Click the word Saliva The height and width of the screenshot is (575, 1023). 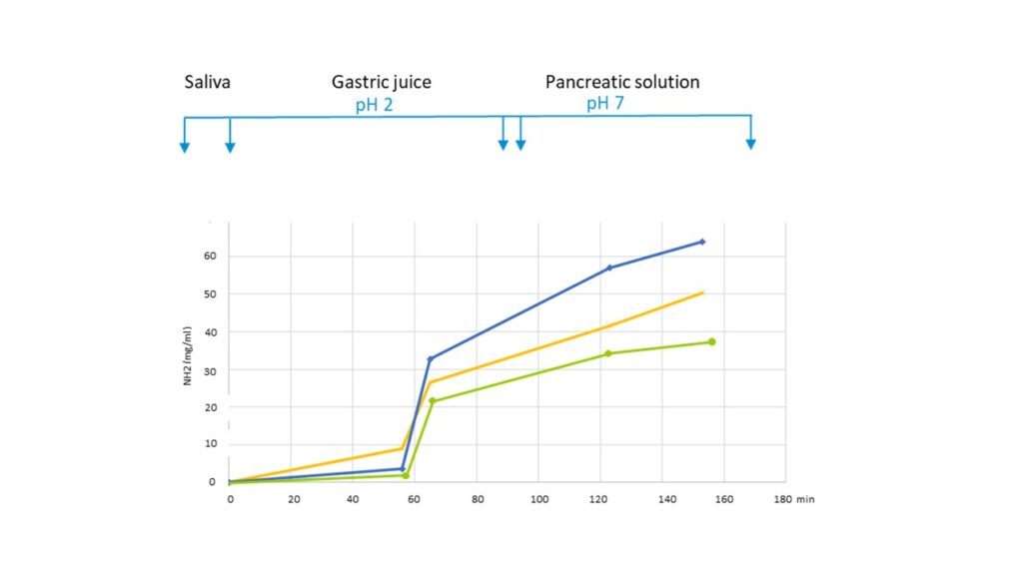coord(207,82)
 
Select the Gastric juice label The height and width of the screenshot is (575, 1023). coord(382,82)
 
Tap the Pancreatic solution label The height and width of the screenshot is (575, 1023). coord(621,82)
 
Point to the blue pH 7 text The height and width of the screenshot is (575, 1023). coord(605,104)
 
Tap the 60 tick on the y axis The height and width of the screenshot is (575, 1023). coord(210,257)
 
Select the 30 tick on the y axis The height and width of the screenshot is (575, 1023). coord(210,369)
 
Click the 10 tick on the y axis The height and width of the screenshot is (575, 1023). coord(210,444)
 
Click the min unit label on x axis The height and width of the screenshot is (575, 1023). coord(806,498)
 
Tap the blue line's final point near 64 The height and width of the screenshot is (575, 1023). coord(702,242)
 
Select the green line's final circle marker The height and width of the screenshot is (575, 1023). coord(711,342)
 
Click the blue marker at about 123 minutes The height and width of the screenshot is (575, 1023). coord(609,268)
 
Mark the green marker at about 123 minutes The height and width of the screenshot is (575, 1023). coord(607,353)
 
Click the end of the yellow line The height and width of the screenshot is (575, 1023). coord(703,292)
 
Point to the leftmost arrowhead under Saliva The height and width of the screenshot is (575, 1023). coord(184,149)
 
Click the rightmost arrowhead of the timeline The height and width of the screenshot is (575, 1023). coord(750,145)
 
